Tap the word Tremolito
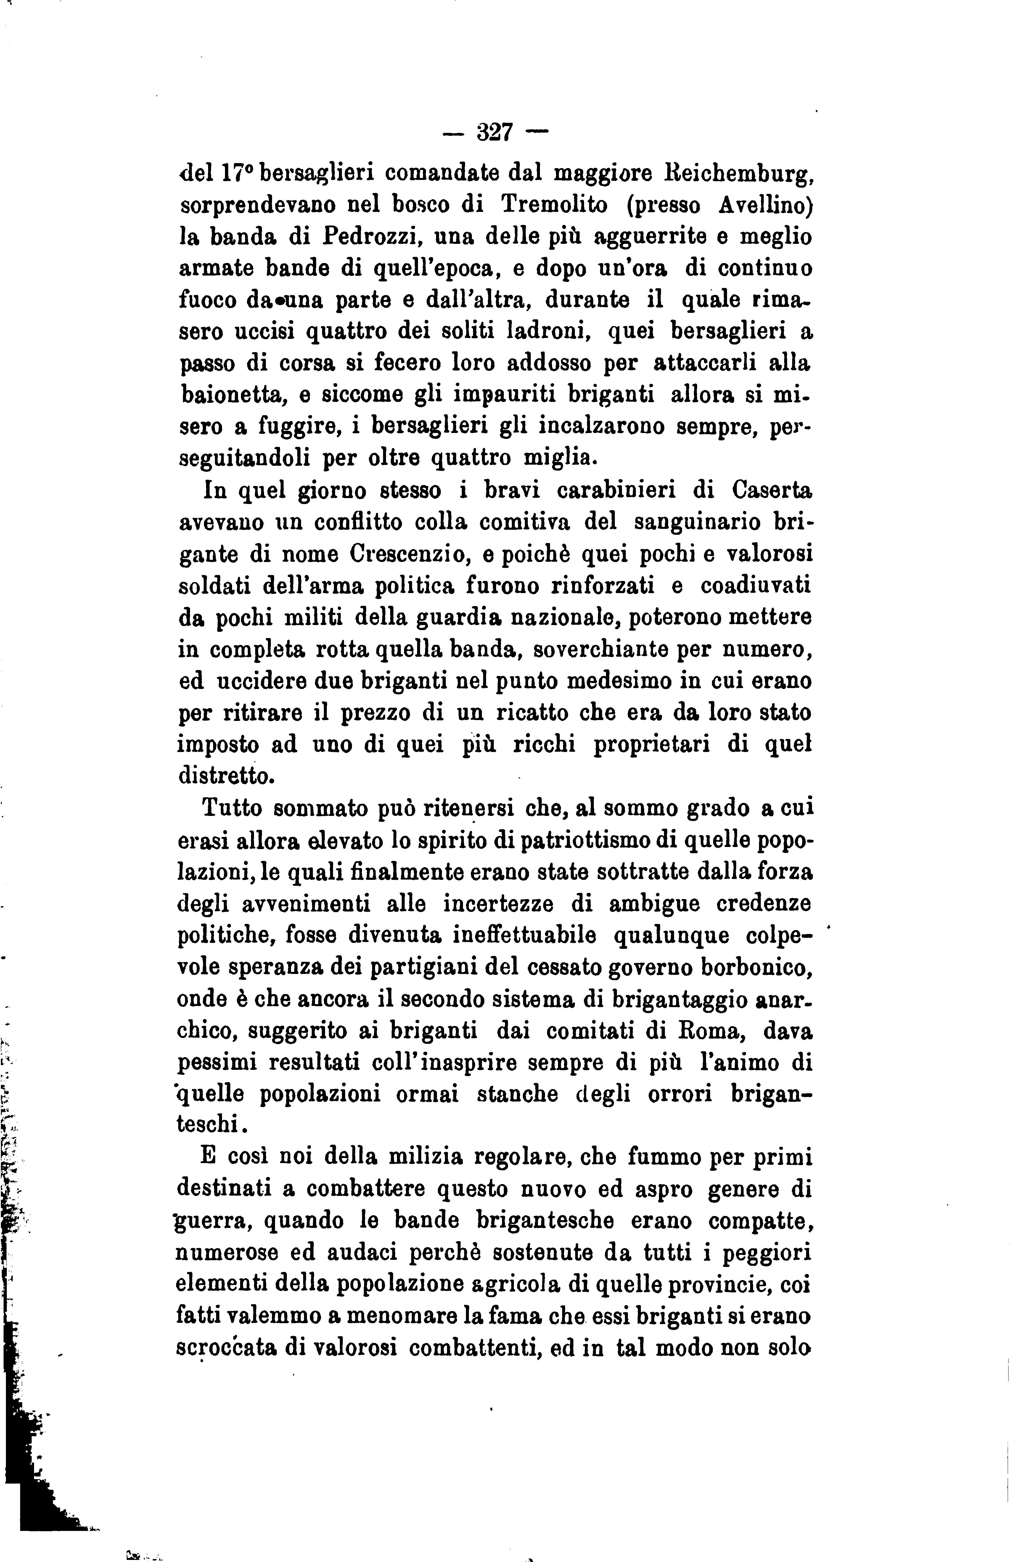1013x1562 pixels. coord(555,205)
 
